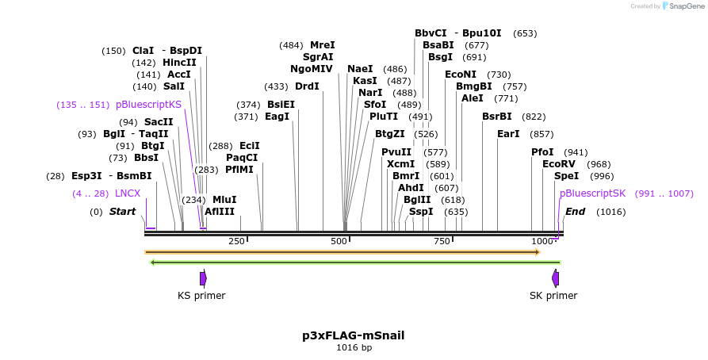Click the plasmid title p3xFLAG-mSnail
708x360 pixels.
click(x=354, y=335)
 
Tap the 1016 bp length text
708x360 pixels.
click(x=354, y=347)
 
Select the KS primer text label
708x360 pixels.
click(x=201, y=296)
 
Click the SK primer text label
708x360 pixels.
click(x=553, y=296)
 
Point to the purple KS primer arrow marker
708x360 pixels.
click(x=204, y=278)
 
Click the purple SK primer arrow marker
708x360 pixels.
click(x=556, y=278)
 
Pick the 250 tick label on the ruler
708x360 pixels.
click(x=236, y=241)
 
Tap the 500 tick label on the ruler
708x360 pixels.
click(x=339, y=241)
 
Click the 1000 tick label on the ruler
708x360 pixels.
click(x=542, y=241)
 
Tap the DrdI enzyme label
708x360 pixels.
click(x=307, y=86)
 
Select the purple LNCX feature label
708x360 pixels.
click(x=128, y=193)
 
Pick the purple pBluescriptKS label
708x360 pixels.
click(x=148, y=105)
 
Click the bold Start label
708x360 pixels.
click(x=122, y=212)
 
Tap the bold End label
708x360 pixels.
click(x=575, y=212)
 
